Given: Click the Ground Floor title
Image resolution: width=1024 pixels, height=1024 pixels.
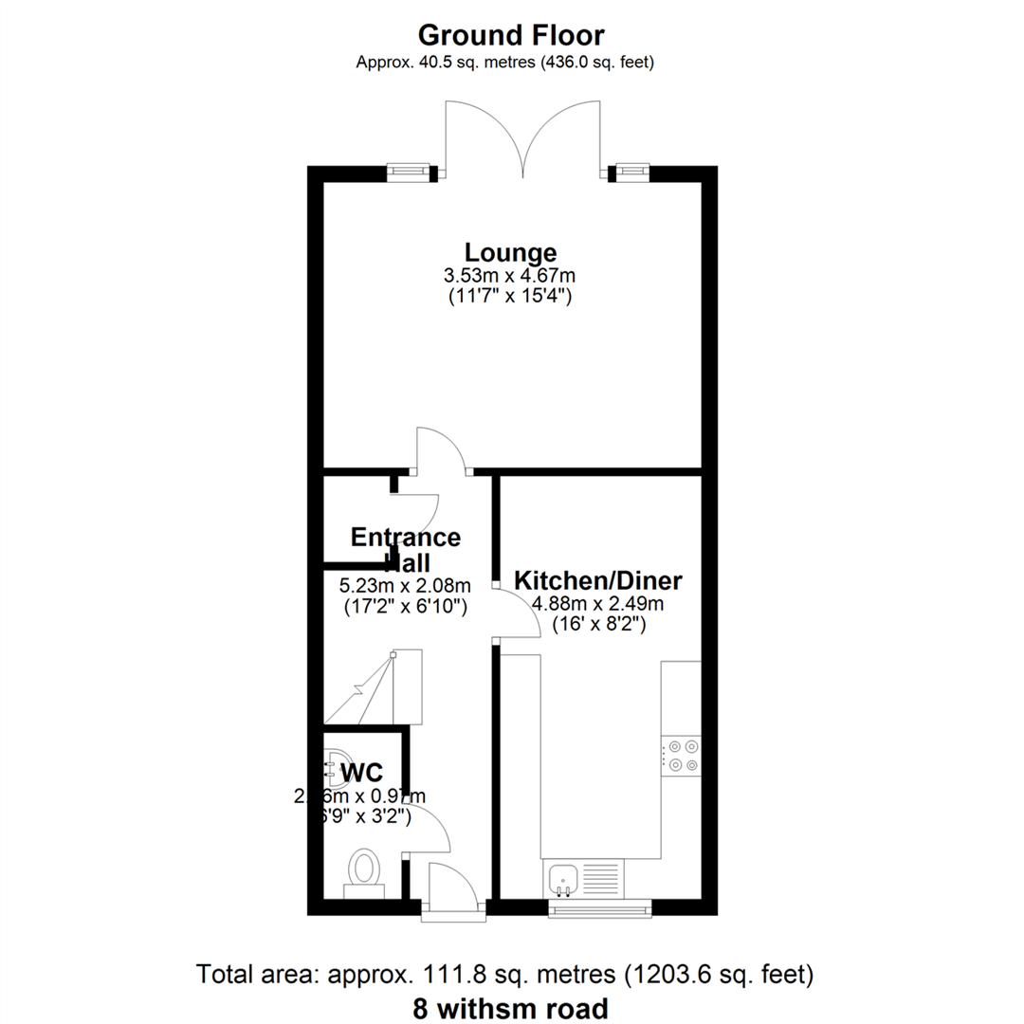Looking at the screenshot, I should point(511,36).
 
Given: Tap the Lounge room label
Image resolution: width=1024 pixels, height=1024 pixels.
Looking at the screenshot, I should point(510,253).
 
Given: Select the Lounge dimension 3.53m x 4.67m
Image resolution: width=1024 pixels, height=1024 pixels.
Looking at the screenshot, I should point(510,276).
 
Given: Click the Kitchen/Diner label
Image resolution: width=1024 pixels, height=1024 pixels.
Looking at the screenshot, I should point(598,580).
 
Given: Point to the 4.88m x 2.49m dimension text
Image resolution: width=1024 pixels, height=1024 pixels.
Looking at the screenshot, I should point(598,604).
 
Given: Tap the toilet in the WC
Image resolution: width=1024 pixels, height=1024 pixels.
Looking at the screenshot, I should point(363,870).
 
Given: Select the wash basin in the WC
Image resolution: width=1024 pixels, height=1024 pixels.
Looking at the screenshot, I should point(333,761).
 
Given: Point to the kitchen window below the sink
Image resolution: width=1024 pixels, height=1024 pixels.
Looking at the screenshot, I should point(600,908).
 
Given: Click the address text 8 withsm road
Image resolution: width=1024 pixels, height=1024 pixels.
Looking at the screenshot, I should point(511,1007).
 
